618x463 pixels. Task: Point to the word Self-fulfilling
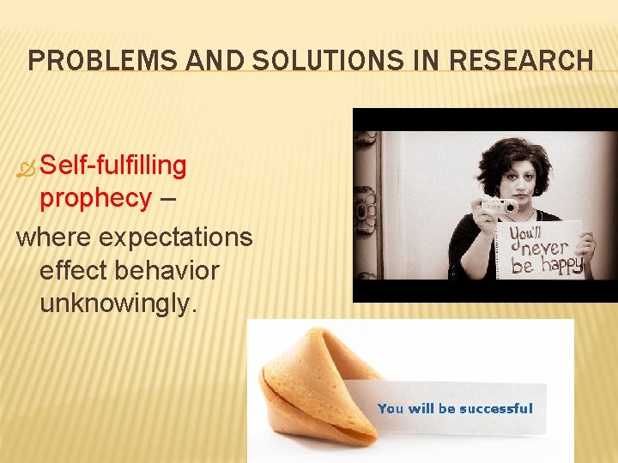113,165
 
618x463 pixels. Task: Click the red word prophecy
95,198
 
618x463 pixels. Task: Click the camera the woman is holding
500,206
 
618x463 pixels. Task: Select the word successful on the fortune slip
495,409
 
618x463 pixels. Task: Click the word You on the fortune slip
391,409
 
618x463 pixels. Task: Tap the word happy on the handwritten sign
562,265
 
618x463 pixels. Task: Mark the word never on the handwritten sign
542,248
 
